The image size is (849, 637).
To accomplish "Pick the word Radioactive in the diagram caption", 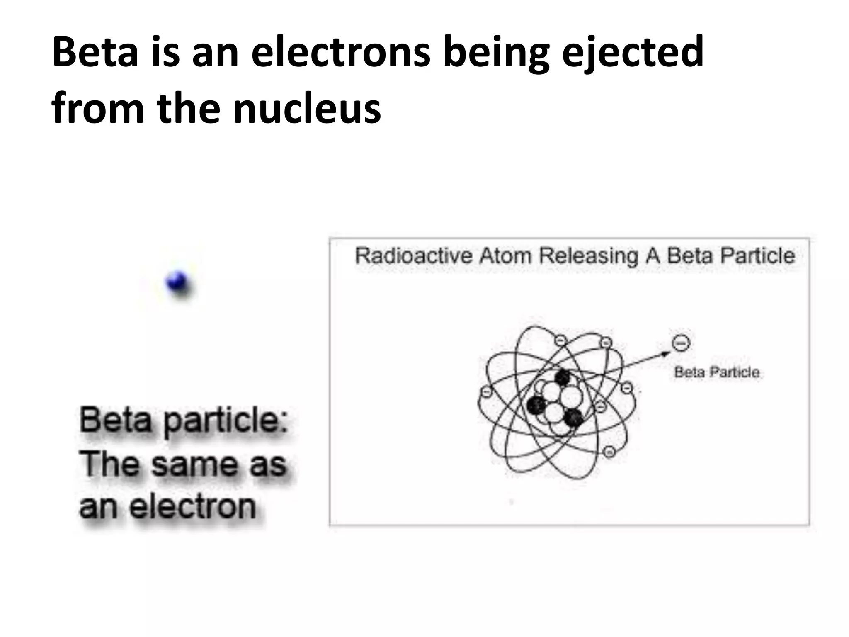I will pyautogui.click(x=413, y=255).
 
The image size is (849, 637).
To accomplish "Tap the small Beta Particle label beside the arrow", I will pyautogui.click(x=717, y=372).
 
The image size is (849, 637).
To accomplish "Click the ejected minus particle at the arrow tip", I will pyautogui.click(x=680, y=343).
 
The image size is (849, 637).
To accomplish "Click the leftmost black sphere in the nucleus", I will pyautogui.click(x=536, y=404).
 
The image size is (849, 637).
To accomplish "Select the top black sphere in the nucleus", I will pyautogui.click(x=563, y=377).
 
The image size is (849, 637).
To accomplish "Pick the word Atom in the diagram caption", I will pyautogui.click(x=505, y=255).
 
